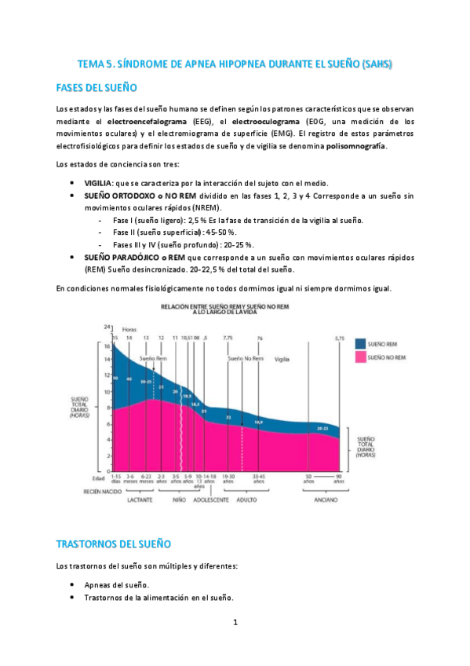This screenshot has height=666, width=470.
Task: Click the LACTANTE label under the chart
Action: (x=137, y=499)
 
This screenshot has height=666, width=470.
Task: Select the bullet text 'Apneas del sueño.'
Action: (x=117, y=584)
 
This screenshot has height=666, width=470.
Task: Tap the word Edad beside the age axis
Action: (x=97, y=476)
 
